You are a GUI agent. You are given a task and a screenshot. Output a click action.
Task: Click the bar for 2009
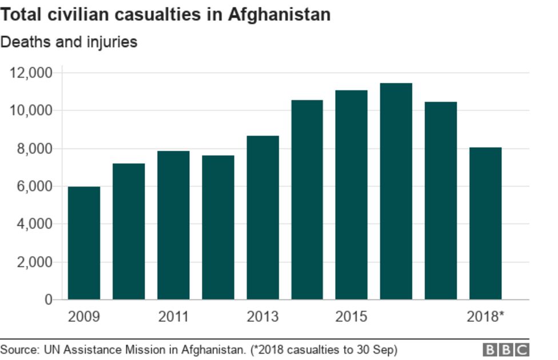point(84,243)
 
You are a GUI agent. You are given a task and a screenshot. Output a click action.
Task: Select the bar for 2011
point(173,225)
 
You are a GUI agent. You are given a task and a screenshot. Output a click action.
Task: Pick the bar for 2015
point(351,195)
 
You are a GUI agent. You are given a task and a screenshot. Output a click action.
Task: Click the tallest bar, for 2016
point(396,191)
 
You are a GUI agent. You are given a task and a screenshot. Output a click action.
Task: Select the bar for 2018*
point(485,223)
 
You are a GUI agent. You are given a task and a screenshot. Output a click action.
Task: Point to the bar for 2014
point(307,199)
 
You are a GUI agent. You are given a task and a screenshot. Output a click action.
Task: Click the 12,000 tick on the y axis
point(31,73)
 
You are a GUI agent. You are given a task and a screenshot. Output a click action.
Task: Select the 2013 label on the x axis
point(262,317)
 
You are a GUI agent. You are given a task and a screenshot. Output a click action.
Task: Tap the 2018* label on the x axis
point(485,317)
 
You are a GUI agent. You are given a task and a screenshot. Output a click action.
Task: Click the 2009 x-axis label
point(83,317)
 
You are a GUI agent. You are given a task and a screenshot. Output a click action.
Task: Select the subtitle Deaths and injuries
point(69,42)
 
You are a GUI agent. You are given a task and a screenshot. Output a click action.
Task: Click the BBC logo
point(506,349)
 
